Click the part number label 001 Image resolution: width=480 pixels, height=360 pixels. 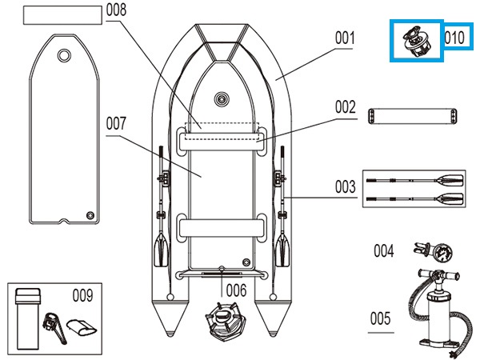point(345,37)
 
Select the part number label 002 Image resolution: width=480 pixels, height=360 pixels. point(345,106)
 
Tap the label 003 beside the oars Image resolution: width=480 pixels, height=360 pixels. point(345,187)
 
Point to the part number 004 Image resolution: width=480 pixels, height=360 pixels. point(383,251)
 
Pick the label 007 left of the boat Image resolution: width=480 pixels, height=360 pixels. point(116,124)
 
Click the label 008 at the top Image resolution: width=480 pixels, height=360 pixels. point(116,11)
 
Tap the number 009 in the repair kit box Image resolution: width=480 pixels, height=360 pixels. point(82,294)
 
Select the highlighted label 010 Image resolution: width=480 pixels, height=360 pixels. point(455,38)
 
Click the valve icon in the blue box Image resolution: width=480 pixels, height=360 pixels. point(416,39)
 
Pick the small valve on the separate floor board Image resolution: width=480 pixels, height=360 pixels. point(90,214)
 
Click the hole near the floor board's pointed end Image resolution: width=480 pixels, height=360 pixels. point(63,55)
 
